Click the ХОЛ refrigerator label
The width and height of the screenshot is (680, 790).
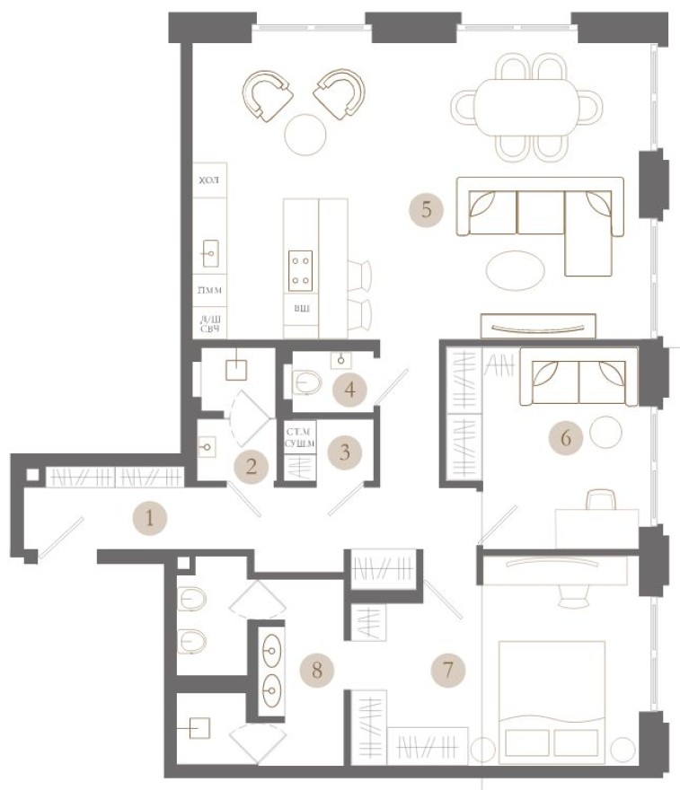point(209,180)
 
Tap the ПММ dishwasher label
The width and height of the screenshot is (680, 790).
point(210,291)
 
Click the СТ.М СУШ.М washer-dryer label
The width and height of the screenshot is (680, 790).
point(301,437)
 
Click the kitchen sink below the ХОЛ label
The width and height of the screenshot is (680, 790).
point(211,253)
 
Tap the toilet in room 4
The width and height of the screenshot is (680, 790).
point(307,384)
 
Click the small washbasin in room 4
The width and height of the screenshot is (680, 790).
point(342,360)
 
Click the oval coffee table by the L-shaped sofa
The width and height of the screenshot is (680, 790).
point(514,267)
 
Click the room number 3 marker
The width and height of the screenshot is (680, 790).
point(344,452)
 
